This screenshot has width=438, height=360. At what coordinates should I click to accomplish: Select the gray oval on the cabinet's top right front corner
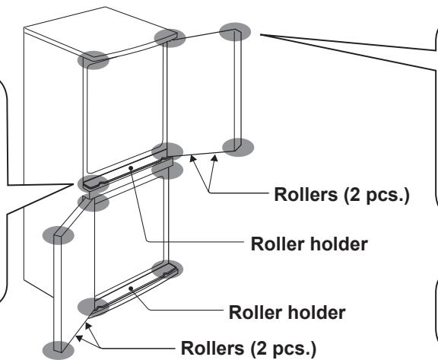tap(170, 38)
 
